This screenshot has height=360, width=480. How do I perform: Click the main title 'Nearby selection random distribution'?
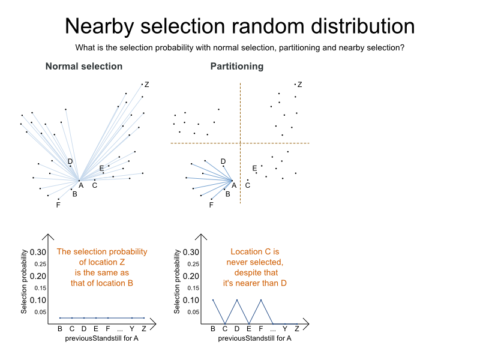click(239, 26)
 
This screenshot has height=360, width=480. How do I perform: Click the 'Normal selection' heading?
click(84, 67)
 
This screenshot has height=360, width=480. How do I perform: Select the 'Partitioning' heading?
click(237, 67)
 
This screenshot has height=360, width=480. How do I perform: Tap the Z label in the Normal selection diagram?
click(146, 85)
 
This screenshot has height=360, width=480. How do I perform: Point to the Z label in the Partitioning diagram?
click(299, 85)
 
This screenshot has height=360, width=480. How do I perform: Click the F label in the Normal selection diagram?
click(58, 205)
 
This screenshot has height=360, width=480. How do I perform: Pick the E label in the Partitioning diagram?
click(254, 168)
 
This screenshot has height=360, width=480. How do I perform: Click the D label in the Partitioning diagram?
click(223, 161)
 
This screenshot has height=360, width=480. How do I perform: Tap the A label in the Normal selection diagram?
click(81, 185)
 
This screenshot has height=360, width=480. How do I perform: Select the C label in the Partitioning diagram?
click(247, 185)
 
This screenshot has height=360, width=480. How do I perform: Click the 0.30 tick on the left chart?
click(38, 252)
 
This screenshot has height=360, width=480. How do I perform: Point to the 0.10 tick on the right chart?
click(191, 300)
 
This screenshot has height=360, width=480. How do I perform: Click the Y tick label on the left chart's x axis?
click(132, 328)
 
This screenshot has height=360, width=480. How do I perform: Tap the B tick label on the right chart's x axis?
click(213, 328)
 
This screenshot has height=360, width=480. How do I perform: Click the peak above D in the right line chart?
click(237, 300)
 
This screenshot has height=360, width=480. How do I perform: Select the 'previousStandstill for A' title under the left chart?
click(102, 339)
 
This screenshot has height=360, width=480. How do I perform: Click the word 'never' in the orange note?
click(240, 262)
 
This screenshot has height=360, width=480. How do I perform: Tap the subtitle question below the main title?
click(239, 48)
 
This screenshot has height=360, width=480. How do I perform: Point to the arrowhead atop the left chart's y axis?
click(48, 236)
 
